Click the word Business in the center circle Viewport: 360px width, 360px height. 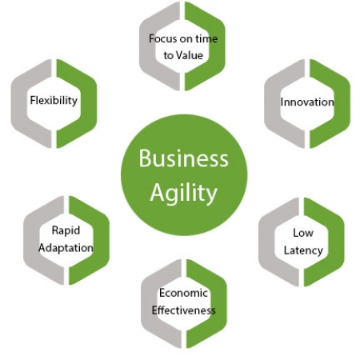click(183, 158)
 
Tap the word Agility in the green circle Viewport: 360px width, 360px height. click(184, 193)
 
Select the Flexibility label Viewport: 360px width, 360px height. click(54, 101)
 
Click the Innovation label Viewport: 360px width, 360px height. click(307, 102)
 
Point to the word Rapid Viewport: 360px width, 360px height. click(66, 230)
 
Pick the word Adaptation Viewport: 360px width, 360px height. click(66, 248)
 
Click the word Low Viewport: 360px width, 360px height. click(303, 233)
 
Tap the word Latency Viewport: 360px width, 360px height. click(303, 250)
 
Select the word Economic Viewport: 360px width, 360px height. click(183, 293)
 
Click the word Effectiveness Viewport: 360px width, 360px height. click(183, 310)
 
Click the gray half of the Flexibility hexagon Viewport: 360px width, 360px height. click(19, 103)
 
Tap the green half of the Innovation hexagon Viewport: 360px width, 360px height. click(342, 103)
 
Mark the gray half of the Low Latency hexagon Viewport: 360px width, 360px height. click(266, 242)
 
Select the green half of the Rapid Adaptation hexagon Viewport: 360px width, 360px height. click(101, 240)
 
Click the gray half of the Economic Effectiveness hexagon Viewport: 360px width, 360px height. click(150, 304)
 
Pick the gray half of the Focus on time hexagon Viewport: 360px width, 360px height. click(147, 46)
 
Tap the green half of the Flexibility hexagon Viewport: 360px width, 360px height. click(88, 103)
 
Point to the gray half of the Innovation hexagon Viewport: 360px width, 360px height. click(273, 103)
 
